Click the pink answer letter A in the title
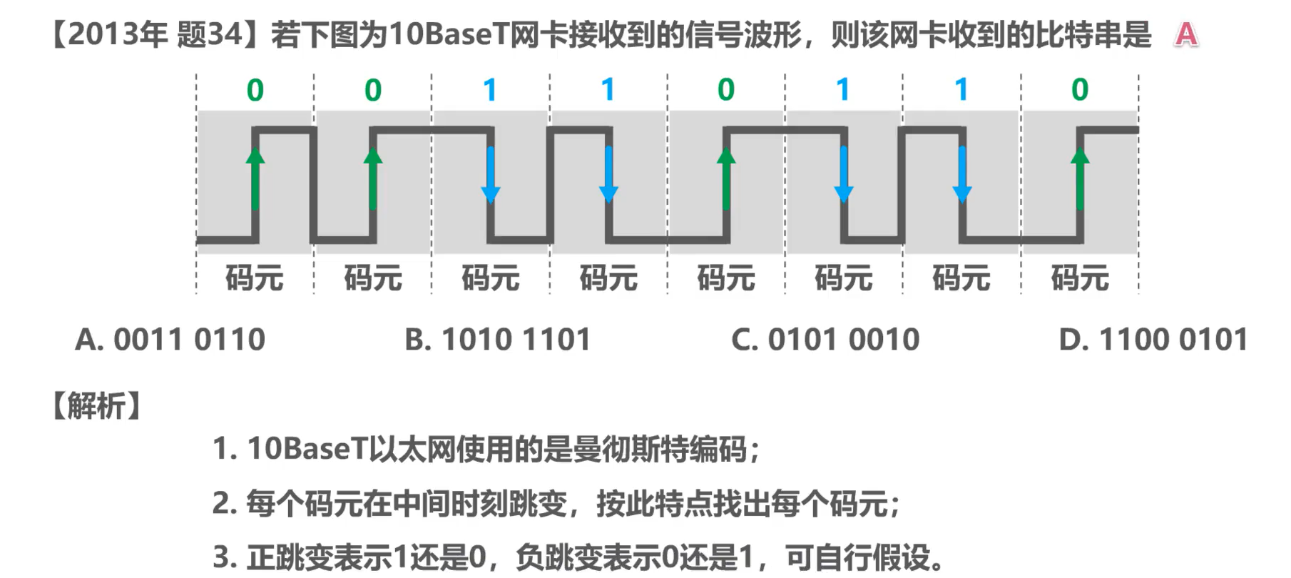(1186, 34)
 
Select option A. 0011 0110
(170, 340)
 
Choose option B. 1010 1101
(498, 340)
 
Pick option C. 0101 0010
(825, 340)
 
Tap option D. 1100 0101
(1153, 340)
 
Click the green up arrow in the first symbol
(255, 178)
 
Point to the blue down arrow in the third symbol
(491, 175)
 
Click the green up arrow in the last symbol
(1080, 178)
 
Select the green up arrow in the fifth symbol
(726, 178)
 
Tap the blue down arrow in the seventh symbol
(962, 175)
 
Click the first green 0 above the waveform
(255, 90)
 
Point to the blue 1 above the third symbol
(490, 90)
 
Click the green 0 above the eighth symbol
(1080, 90)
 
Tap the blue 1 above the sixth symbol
(843, 90)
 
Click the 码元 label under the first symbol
(255, 278)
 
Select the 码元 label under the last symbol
(1080, 278)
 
